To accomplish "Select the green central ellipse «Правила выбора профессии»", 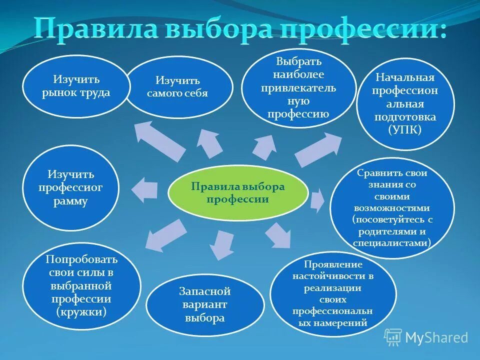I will pyautogui.click(x=237, y=193).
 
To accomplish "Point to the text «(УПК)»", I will pyautogui.click(x=405, y=129).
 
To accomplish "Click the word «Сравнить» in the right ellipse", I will pyautogui.click(x=376, y=173).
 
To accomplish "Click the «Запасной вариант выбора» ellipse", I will pyautogui.click(x=204, y=304).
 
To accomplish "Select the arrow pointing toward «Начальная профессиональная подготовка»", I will pyautogui.click(x=318, y=149).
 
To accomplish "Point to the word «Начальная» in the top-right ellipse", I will pyautogui.click(x=405, y=78).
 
